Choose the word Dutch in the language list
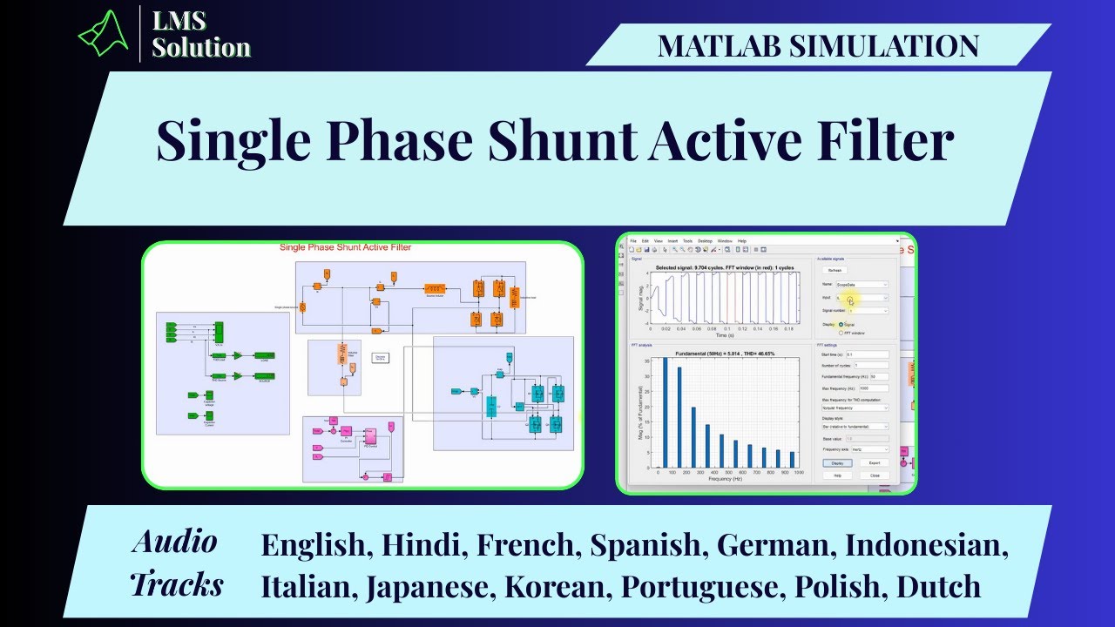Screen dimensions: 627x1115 point(939,586)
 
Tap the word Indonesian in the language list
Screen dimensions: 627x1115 point(926,545)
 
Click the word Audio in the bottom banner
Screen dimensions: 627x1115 point(175,542)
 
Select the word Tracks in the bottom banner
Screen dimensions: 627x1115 point(177,584)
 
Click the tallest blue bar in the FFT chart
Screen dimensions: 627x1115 point(665,413)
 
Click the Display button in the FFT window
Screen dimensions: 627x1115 point(837,462)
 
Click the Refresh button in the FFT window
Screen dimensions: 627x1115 point(835,270)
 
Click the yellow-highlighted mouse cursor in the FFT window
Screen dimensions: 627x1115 point(851,300)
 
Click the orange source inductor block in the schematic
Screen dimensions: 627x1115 point(435,288)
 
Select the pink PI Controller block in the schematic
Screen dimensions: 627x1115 point(369,432)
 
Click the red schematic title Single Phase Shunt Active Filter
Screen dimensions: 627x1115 point(345,247)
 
